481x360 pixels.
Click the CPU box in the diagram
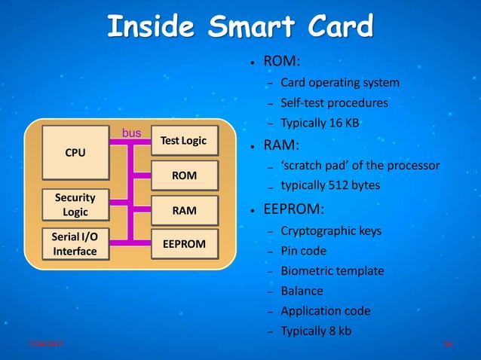coord(75,152)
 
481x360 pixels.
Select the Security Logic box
coord(75,205)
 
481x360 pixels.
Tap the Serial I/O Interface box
coord(75,244)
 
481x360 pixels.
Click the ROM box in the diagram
coord(184,175)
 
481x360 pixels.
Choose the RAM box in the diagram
coord(184,211)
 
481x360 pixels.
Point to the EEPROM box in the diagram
coord(184,244)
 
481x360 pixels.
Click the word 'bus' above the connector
coord(132,133)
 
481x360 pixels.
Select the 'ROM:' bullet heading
coord(279,61)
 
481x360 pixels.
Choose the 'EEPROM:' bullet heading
coord(292,208)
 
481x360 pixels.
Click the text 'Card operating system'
coord(339,82)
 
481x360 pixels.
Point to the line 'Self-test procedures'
coord(334,102)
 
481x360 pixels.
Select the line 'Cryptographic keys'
coord(331,230)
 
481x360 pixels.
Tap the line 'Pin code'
coord(303,250)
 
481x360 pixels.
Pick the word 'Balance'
coord(302,291)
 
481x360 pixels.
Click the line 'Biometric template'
coord(332,270)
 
